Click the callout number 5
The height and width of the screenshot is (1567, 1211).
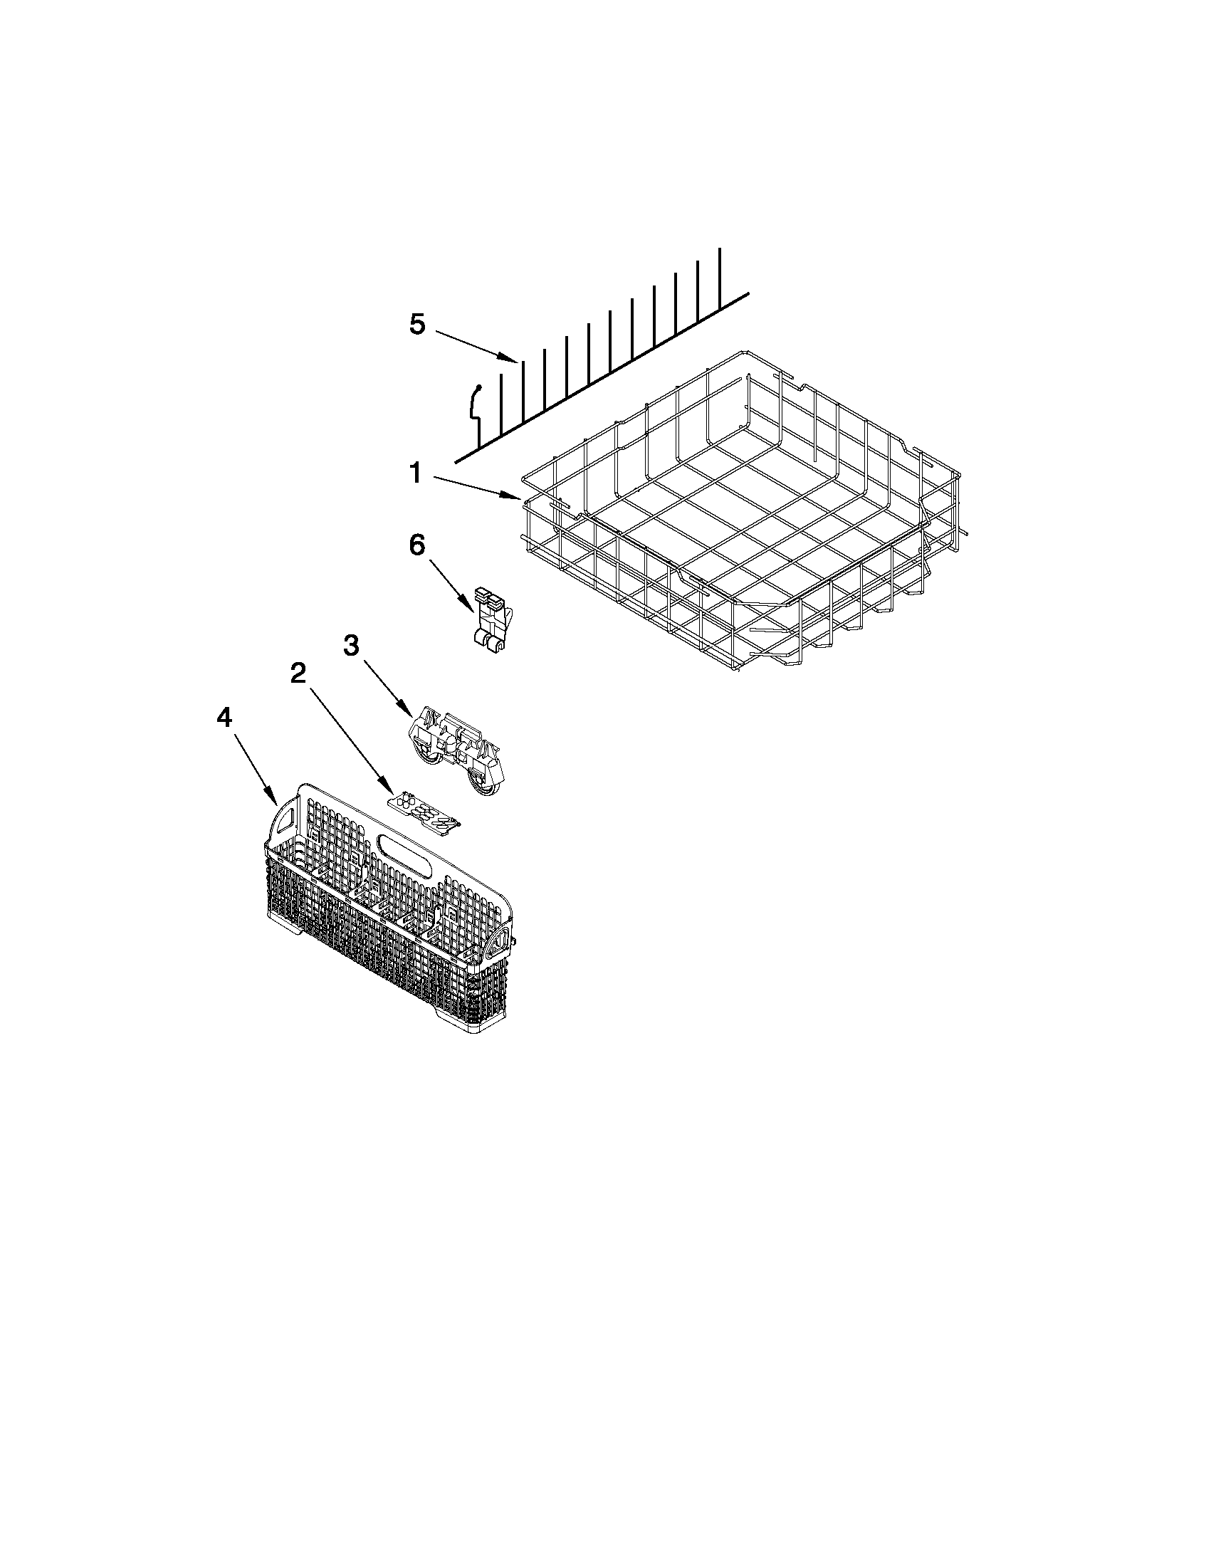[416, 325]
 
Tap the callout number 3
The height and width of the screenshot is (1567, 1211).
[351, 645]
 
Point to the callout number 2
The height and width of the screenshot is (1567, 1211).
[298, 673]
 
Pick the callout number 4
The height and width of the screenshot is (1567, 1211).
[224, 717]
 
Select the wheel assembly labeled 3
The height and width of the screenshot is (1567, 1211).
[458, 750]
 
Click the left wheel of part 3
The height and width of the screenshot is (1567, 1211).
[429, 753]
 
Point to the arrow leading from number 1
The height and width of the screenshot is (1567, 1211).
[476, 486]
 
